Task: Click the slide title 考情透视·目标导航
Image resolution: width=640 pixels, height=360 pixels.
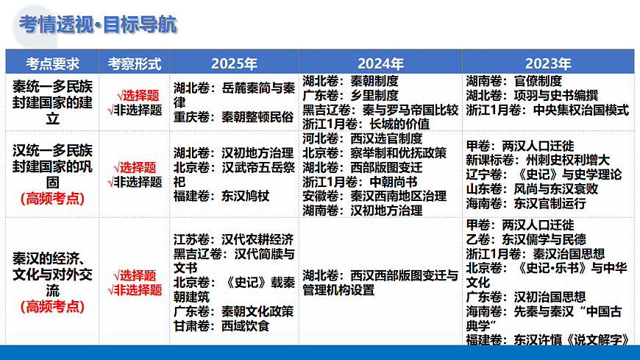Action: [98, 24]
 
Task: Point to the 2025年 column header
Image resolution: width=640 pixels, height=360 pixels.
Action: [234, 63]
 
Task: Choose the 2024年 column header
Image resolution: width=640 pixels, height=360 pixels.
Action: [380, 63]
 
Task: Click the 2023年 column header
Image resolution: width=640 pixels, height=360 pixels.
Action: [548, 63]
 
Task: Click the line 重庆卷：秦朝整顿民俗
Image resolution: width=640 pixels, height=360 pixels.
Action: [233, 116]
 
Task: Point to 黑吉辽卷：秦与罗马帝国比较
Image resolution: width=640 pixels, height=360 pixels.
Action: [380, 110]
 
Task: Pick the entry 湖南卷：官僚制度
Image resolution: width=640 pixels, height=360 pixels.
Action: [514, 81]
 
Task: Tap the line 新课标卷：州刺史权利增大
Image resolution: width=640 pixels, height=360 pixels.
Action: [538, 160]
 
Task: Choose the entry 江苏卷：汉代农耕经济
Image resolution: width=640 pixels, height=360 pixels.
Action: [233, 239]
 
